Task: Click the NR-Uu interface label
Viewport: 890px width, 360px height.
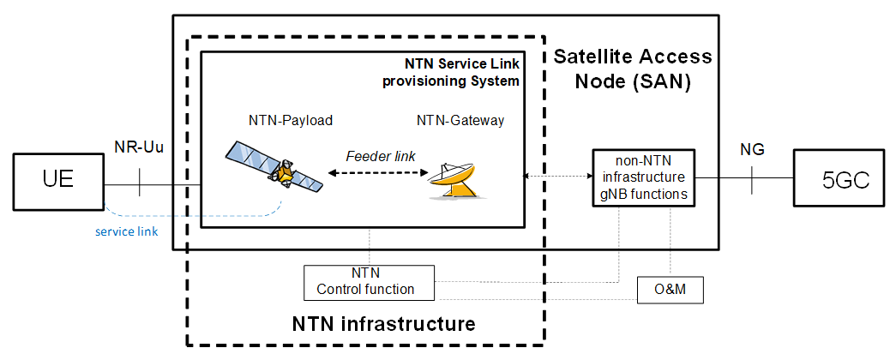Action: click(x=138, y=146)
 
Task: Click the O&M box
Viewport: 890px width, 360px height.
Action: click(x=671, y=291)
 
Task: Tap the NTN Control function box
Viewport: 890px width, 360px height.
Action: click(x=370, y=282)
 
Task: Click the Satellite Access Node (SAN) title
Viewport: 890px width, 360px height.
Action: click(x=632, y=70)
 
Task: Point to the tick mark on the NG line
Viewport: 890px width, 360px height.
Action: click(x=751, y=178)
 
